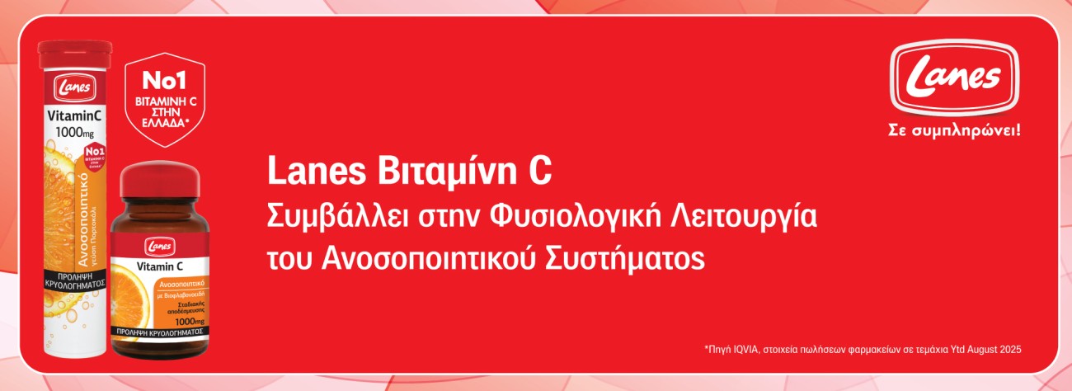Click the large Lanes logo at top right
954,79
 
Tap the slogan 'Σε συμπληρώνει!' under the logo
954,130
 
